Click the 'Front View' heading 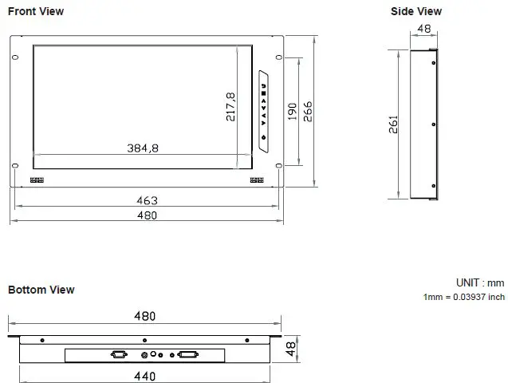click(x=36, y=11)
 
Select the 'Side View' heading click(x=415, y=11)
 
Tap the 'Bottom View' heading click(x=41, y=290)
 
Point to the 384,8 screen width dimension click(x=143, y=148)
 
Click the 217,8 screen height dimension click(x=230, y=107)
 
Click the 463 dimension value click(x=148, y=200)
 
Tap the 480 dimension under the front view click(x=148, y=215)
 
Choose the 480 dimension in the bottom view click(x=144, y=317)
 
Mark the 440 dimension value click(x=144, y=375)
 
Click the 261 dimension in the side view click(x=394, y=124)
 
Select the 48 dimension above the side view click(x=423, y=29)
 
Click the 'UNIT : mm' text click(x=479, y=283)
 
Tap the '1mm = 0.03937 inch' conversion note click(x=463, y=297)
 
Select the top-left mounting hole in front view click(x=15, y=57)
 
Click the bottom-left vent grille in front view click(x=37, y=180)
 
